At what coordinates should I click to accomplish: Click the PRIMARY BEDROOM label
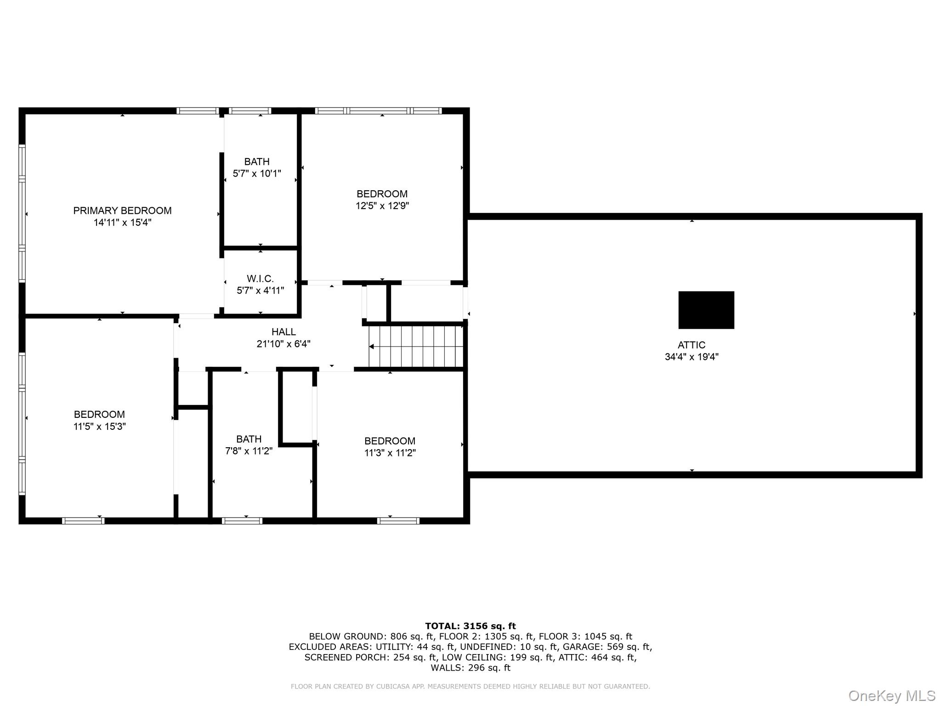click(x=122, y=211)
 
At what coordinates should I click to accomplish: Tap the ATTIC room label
click(x=692, y=345)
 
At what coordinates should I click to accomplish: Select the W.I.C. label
click(x=260, y=279)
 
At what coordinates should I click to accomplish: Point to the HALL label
click(x=283, y=331)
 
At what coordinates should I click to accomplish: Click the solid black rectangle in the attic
click(x=706, y=310)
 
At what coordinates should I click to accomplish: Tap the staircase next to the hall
click(x=416, y=346)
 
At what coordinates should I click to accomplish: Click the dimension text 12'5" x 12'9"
click(x=382, y=205)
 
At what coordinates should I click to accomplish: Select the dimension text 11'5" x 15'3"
click(x=100, y=426)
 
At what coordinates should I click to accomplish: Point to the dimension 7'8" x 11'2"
click(x=249, y=451)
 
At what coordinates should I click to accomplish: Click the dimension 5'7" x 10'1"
click(x=257, y=173)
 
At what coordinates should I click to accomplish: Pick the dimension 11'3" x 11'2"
click(x=390, y=453)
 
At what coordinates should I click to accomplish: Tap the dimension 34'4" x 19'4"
click(x=692, y=357)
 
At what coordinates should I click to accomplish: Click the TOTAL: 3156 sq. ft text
click(x=470, y=626)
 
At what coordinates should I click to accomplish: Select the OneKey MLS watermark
click(x=892, y=696)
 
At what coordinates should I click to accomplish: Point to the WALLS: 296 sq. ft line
click(x=470, y=668)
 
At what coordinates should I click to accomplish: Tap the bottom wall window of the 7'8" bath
click(x=242, y=521)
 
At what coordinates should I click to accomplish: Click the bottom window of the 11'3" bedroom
click(x=398, y=521)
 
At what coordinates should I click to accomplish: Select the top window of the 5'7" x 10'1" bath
click(x=250, y=111)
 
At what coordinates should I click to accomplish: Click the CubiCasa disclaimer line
click(x=470, y=686)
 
